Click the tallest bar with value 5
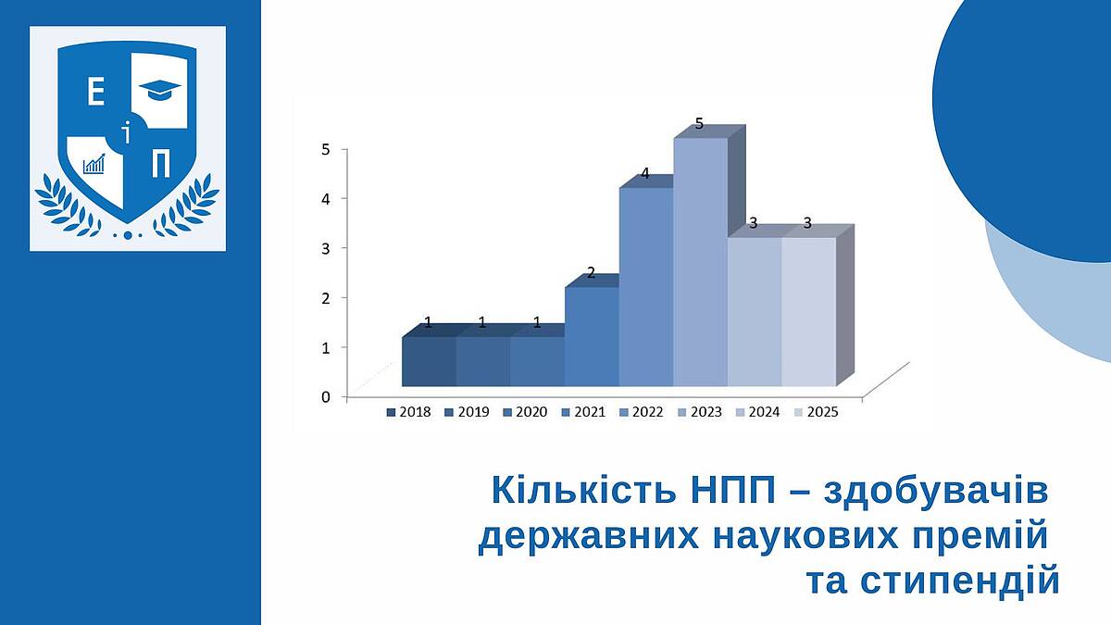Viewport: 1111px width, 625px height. click(700, 262)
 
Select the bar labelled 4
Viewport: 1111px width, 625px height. click(646, 287)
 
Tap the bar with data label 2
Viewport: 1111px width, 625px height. click(592, 336)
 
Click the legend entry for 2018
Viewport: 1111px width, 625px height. click(408, 412)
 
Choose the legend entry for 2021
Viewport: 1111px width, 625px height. click(583, 412)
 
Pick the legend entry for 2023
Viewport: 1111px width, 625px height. click(700, 412)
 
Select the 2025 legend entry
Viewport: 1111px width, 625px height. click(816, 412)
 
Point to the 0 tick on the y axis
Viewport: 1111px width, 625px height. click(325, 397)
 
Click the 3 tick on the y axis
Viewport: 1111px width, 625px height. click(325, 248)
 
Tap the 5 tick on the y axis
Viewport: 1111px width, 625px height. click(325, 149)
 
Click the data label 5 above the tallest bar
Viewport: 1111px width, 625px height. click(699, 123)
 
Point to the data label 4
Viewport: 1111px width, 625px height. click(644, 174)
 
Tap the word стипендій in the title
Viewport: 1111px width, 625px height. click(933, 581)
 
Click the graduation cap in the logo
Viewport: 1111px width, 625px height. click(159, 90)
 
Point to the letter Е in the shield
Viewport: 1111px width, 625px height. click(95, 93)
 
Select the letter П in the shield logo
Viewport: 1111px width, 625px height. click(161, 164)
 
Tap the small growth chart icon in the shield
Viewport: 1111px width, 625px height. click(94, 163)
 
